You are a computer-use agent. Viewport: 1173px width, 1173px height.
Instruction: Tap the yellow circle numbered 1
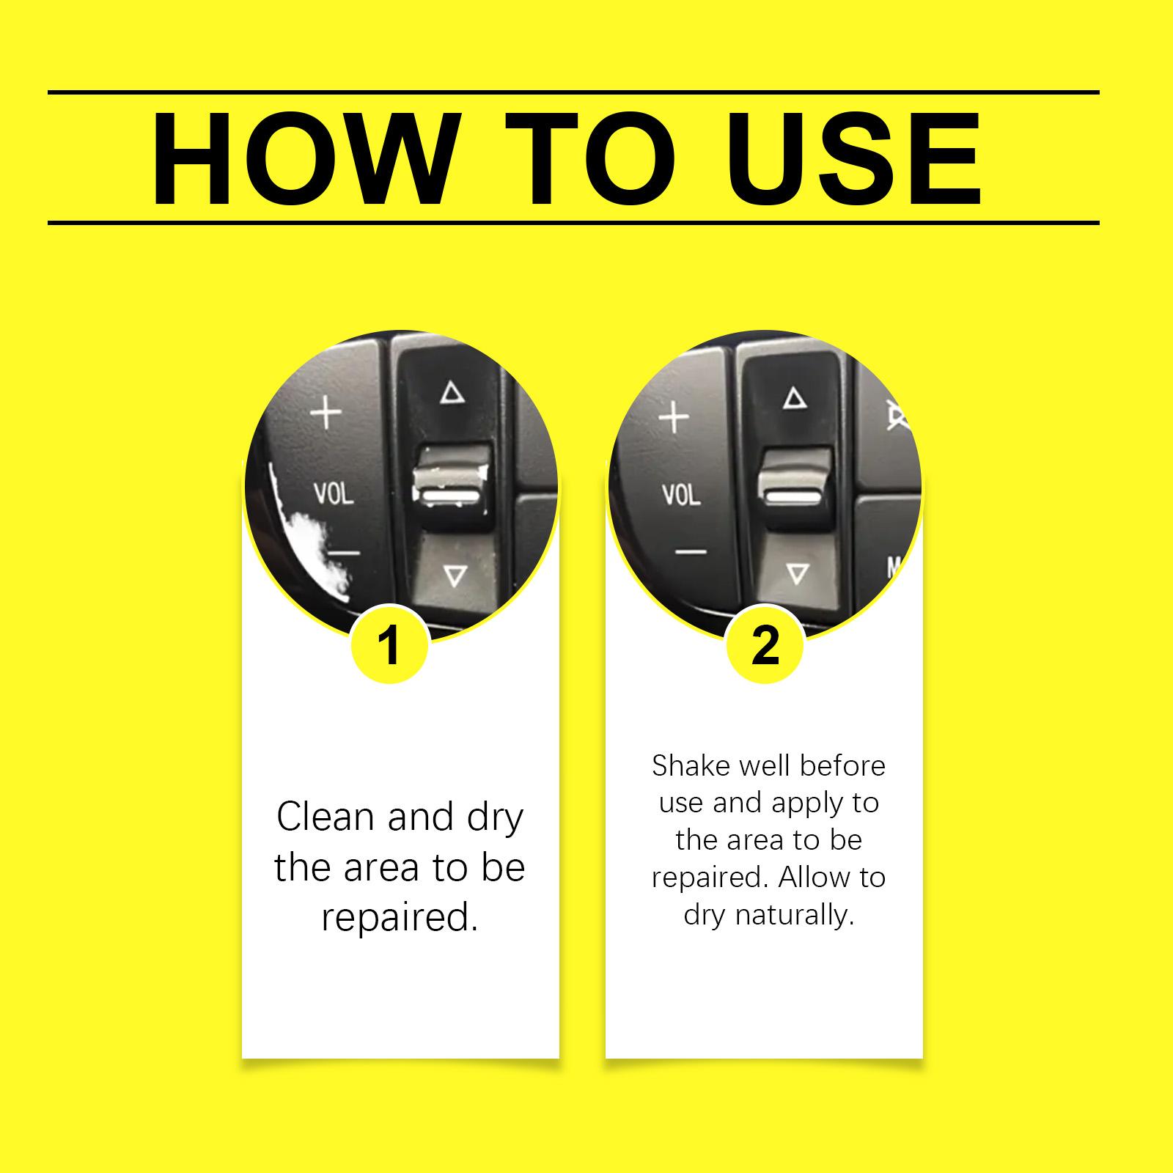(x=389, y=644)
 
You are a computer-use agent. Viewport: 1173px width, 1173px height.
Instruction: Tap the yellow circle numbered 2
(x=765, y=644)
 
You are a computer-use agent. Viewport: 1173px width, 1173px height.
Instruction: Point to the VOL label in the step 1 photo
(x=334, y=493)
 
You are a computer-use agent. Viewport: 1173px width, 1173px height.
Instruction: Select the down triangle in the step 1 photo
(x=455, y=576)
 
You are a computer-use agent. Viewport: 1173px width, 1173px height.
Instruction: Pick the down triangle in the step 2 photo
(x=797, y=573)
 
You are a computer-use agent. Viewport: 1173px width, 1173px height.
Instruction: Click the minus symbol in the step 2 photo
(x=691, y=551)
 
